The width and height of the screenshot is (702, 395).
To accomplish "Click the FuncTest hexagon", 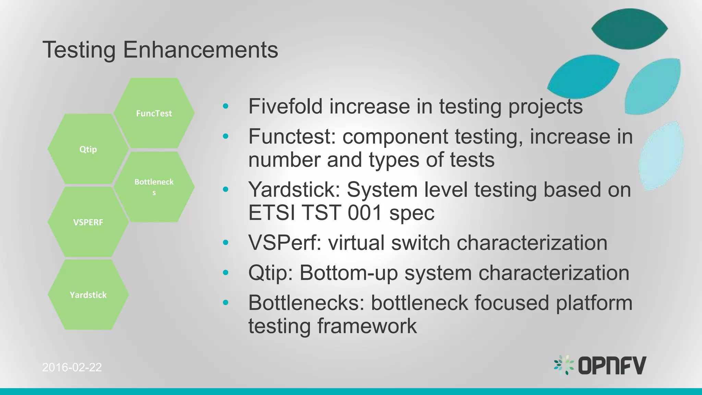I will pos(154,113).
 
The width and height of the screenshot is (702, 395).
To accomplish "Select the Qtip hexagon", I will pos(88,149).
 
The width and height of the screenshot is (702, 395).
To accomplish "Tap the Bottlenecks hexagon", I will pos(154,187).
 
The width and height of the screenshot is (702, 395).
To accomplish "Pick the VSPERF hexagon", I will pos(88,222).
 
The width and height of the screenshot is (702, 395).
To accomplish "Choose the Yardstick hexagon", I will pos(88,295).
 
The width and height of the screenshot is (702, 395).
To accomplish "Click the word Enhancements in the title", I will pos(201,50).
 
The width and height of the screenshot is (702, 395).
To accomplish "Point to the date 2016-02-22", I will pos(72,367).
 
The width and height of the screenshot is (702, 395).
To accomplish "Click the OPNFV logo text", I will pos(612,366).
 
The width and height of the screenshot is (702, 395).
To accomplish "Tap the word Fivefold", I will pos(285,106).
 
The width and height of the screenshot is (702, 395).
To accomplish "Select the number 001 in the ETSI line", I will pos(365,213).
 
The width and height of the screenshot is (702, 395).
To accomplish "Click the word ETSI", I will pos(271,213).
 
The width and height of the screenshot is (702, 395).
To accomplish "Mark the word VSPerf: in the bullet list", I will pos(285,243).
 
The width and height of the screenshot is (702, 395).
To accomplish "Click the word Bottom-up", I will pos(349,273).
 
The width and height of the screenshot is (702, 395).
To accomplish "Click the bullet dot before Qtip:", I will pos(225,273).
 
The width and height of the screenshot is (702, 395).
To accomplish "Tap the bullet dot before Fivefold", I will pos(225,106).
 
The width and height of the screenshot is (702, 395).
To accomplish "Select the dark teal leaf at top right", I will pos(629,29).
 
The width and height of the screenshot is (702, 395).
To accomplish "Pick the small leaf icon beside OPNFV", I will pos(564,365).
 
